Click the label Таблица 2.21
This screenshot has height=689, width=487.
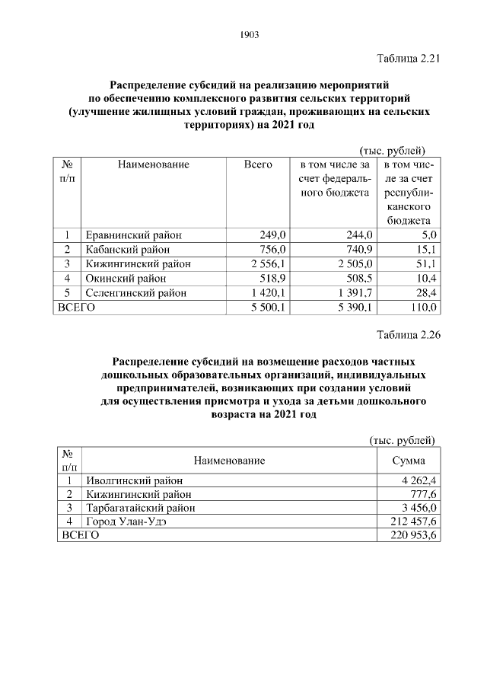[x=409, y=59]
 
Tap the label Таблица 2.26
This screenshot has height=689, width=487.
[x=409, y=334]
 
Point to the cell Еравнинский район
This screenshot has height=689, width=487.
[x=134, y=234]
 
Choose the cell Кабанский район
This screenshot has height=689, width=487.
[x=128, y=249]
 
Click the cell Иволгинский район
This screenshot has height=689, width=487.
[x=135, y=480]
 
